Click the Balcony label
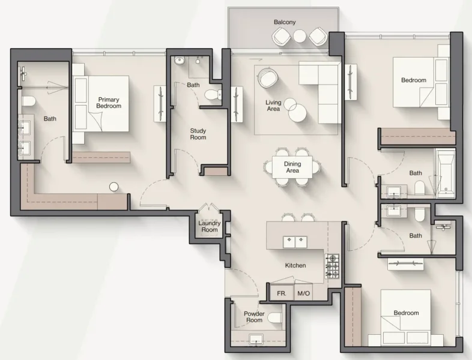pos(285,22)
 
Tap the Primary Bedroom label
pos(109,103)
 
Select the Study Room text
pos(198,134)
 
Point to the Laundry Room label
pos(210,226)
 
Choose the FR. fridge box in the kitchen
pos(280,294)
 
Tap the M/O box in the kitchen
pos(303,294)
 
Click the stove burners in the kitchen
pos(332,266)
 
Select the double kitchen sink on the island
pos(295,242)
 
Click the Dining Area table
pos(292,167)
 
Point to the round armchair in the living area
pos(267,78)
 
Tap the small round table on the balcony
pos(299,37)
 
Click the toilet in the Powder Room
pos(275,317)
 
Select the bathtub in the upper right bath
pos(445,174)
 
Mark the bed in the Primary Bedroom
pos(101,103)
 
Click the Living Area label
pos(273,106)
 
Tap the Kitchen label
pos(295,265)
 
